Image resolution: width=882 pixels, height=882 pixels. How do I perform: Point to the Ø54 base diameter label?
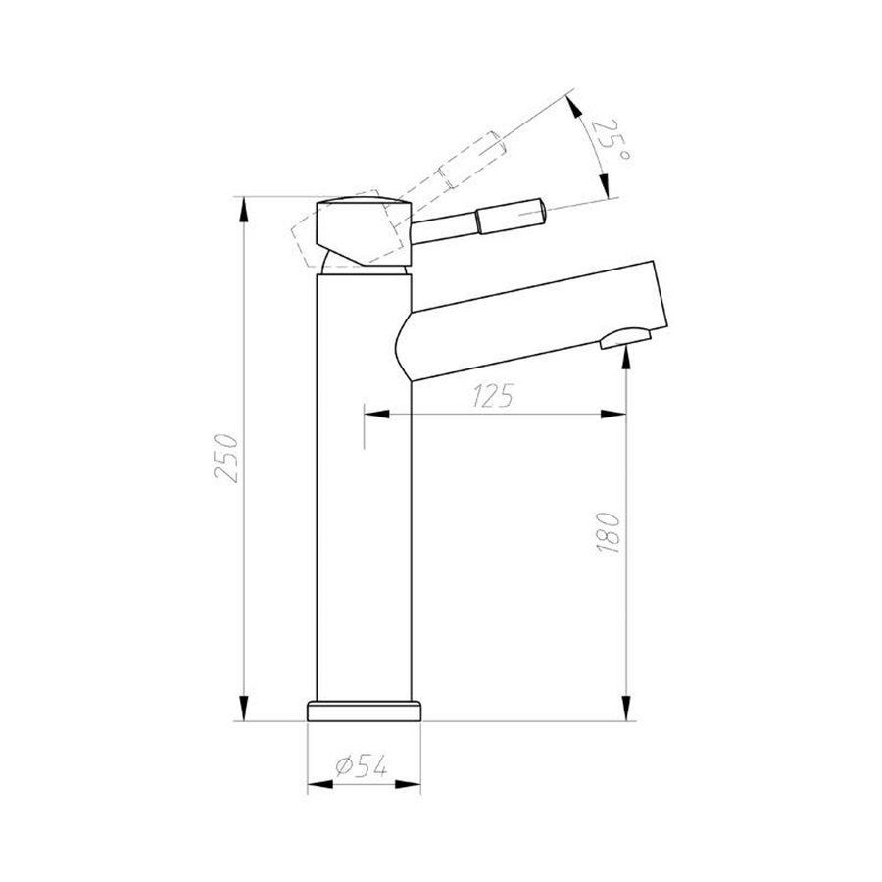358,767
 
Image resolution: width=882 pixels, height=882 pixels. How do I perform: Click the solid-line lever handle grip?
510,214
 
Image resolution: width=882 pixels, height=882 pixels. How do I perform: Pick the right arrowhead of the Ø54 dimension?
416,784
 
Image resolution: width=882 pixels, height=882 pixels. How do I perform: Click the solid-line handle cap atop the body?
365,230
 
